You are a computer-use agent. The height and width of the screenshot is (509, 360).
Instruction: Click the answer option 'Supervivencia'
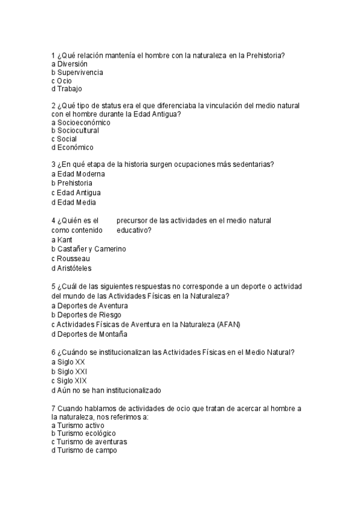(80, 72)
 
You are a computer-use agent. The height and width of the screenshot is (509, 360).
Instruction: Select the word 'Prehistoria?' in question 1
(265, 55)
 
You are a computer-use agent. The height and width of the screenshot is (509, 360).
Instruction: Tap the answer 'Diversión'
(73, 64)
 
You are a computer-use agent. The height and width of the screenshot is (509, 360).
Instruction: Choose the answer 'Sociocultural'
(78, 130)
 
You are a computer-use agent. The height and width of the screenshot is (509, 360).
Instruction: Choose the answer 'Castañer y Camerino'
(91, 248)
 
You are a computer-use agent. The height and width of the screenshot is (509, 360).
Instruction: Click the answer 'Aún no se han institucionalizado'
(109, 390)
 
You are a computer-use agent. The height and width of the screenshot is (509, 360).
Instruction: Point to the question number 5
(54, 286)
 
